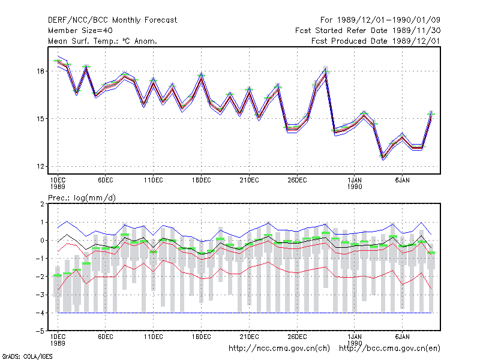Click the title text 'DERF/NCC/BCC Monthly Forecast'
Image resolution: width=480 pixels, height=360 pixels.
[112, 20]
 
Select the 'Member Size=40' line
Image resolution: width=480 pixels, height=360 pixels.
[80, 31]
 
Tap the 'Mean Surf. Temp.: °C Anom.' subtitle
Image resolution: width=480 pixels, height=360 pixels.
[103, 41]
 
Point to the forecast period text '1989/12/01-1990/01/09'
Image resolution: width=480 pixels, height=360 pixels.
[389, 20]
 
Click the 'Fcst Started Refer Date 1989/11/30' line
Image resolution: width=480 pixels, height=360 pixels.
[368, 31]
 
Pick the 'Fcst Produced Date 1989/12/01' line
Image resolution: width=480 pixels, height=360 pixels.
[376, 41]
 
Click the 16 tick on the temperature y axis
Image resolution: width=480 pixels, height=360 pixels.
[40, 71]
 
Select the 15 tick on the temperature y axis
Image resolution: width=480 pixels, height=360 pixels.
[40, 119]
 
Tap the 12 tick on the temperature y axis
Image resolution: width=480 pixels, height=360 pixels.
[40, 167]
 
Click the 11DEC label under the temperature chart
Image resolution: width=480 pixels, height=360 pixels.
[154, 181]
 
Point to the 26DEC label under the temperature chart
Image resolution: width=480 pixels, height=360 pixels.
[297, 181]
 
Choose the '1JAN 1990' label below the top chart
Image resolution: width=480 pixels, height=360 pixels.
[355, 184]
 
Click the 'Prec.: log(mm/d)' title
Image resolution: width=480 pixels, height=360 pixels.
[82, 198]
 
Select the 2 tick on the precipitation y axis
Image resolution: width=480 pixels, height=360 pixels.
[42, 204]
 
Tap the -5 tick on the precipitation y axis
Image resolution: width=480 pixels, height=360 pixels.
[40, 331]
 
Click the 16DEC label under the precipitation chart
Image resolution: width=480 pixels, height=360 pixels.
[202, 337]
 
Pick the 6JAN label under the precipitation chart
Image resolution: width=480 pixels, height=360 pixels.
[402, 337]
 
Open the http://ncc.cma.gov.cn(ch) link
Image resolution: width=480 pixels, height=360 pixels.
[279, 349]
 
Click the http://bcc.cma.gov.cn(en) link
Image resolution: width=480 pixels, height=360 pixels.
[389, 349]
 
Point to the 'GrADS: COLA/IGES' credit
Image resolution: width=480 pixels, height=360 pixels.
[27, 356]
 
